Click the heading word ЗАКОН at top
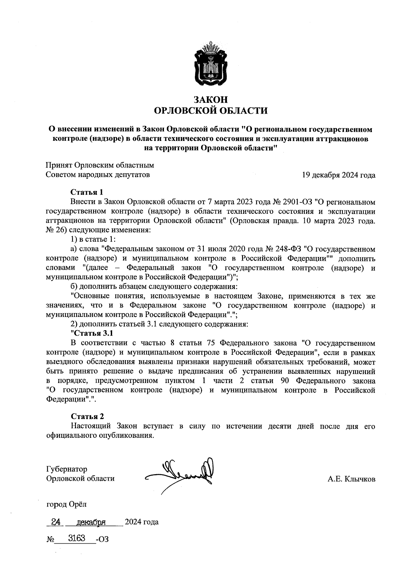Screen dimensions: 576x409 click(x=210, y=100)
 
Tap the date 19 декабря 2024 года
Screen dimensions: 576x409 click(x=338, y=175)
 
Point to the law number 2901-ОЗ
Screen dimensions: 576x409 click(x=297, y=202)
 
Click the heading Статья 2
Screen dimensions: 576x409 click(x=87, y=416)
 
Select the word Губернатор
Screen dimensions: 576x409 click(x=66, y=469)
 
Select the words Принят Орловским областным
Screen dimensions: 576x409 click(x=100, y=165)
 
